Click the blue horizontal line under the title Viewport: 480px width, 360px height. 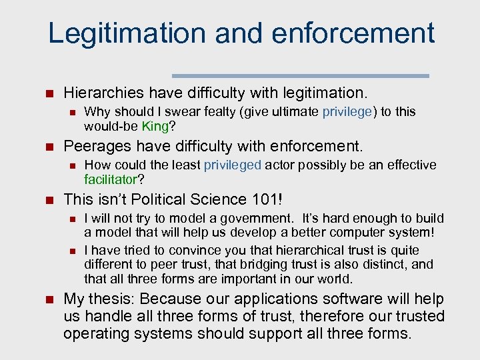[301, 75]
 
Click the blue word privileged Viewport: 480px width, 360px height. [233, 165]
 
